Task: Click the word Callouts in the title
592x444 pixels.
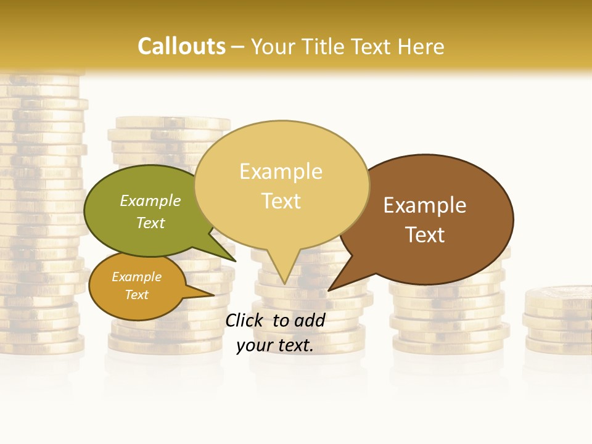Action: point(181,46)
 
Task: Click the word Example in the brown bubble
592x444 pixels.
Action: point(425,205)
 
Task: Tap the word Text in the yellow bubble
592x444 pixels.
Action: point(281,201)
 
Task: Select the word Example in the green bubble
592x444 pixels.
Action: point(150,201)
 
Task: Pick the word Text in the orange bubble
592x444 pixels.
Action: point(137,295)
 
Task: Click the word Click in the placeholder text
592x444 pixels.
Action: point(245,320)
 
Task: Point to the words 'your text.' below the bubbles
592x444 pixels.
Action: point(275,345)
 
